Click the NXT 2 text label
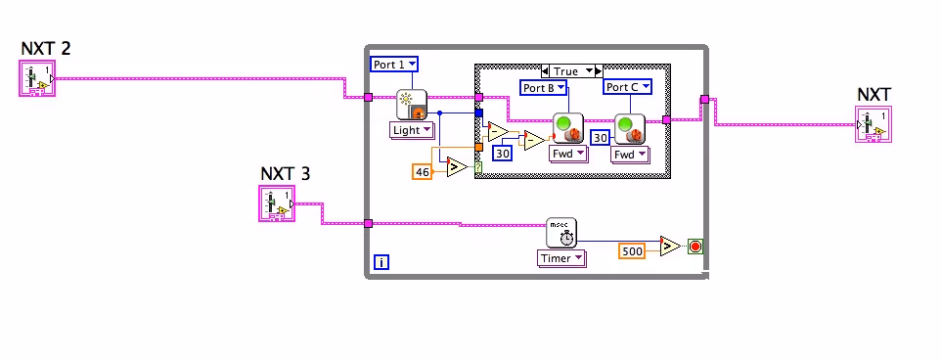pos(45,47)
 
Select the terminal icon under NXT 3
pos(275,204)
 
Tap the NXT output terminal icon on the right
pos(874,126)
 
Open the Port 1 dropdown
pos(394,65)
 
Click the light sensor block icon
pos(412,104)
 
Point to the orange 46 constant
pos(423,171)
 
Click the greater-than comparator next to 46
pos(455,167)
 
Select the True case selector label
pos(566,71)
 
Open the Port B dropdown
pos(543,88)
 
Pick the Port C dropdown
pos(626,87)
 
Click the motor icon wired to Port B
pos(567,128)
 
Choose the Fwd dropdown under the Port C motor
pos(628,155)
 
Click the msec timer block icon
pos(561,233)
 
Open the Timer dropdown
pos(561,258)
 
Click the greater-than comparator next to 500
pos(669,246)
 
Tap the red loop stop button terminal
pos(695,247)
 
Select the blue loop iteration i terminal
pos(381,262)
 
